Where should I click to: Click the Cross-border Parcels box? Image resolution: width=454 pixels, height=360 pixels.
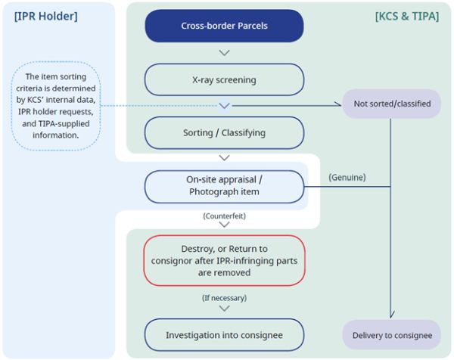point(224,26)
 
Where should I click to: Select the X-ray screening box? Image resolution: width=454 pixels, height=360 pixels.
point(224,79)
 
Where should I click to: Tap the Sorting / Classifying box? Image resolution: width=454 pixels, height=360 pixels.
point(224,132)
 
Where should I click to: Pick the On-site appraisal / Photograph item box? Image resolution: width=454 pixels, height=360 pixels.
point(224,186)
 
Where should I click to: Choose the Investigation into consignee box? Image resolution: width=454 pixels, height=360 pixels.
point(224,334)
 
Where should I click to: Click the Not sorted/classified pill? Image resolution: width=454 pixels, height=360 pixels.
point(391,104)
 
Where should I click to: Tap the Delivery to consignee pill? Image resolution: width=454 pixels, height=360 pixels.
point(391,334)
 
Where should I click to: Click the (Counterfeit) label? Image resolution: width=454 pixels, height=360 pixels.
point(224,216)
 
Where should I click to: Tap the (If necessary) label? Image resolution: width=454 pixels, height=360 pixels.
point(224,298)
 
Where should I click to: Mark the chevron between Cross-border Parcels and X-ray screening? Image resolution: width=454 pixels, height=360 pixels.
point(224,53)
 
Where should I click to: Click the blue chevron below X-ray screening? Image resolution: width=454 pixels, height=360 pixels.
point(224,106)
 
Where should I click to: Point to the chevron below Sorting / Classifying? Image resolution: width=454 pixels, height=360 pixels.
point(224,158)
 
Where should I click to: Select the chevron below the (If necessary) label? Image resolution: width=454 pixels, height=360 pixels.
point(224,309)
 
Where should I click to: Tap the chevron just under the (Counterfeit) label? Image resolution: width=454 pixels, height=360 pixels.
point(224,226)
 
